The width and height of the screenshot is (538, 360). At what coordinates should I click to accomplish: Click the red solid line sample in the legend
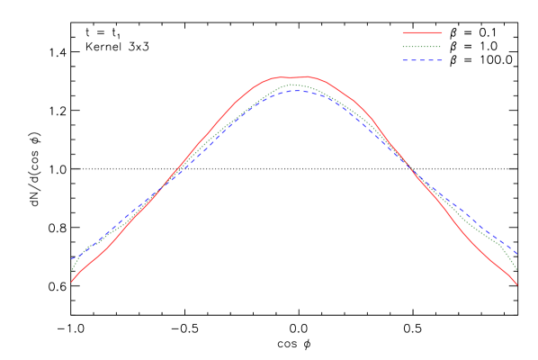click(422, 32)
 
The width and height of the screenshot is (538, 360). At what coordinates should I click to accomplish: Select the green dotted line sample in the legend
click(422, 46)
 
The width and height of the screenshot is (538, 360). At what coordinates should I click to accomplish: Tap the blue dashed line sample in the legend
click(422, 60)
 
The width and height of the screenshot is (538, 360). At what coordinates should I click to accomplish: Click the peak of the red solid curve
click(304, 76)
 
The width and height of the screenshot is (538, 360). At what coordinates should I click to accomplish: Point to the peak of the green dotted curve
click(290, 85)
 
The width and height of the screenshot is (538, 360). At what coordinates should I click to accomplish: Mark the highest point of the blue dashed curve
click(297, 90)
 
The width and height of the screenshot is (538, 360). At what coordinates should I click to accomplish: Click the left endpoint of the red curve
click(72, 282)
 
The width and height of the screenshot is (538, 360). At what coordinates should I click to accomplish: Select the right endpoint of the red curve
click(517, 285)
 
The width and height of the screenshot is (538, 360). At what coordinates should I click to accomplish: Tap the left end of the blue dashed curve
click(72, 259)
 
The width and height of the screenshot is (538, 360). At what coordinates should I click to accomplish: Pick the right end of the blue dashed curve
click(517, 255)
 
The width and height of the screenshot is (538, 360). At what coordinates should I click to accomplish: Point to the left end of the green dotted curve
click(72, 270)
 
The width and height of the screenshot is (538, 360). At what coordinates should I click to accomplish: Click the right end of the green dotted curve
click(517, 270)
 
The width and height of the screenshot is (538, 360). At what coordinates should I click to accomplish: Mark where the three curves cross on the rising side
click(160, 191)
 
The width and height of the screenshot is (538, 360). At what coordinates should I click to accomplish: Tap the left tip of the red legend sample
click(403, 32)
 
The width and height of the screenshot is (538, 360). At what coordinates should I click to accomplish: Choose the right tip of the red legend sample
click(442, 32)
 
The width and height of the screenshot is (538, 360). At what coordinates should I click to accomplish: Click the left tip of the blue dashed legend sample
click(403, 60)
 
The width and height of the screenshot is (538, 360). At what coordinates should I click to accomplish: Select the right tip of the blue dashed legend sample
click(442, 60)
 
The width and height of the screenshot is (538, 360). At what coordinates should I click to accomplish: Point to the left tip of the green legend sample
click(403, 46)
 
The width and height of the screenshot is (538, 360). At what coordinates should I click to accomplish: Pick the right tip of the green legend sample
click(442, 46)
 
